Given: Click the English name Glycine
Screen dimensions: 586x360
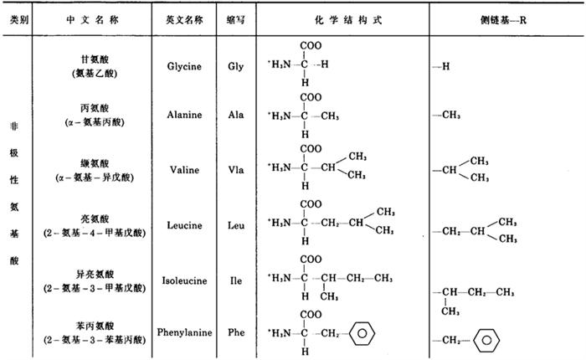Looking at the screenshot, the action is (184, 66).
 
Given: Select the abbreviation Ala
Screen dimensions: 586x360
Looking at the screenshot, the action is (236, 115).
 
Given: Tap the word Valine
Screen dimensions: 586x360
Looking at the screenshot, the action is (184, 170).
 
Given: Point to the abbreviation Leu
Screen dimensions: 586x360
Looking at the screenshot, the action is (236, 225).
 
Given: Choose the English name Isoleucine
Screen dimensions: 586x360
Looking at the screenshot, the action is (184, 280).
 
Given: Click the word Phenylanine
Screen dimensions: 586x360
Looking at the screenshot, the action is (184, 332).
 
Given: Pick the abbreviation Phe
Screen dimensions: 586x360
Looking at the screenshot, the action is (236, 332).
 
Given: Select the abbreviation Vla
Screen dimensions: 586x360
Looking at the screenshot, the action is (236, 170).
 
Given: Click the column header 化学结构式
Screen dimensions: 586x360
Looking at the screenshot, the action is (348, 20).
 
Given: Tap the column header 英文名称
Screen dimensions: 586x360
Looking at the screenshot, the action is (184, 20).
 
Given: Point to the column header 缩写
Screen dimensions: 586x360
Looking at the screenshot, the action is (236, 20).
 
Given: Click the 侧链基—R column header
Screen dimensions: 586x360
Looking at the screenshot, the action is (503, 20).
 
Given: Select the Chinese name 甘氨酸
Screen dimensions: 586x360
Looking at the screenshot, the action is (95, 59).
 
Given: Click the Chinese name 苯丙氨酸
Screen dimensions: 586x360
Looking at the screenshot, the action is (95, 326).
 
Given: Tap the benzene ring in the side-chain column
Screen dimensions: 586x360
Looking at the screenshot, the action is (486, 340).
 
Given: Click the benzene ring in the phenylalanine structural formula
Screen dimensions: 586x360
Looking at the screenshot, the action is (362, 333).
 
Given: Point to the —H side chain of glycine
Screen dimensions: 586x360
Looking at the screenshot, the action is (441, 66).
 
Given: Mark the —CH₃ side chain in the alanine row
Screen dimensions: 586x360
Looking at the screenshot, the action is (446, 115).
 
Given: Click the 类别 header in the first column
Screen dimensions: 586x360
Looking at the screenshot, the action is (19, 20).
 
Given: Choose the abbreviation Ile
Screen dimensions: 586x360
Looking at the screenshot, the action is (236, 280).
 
